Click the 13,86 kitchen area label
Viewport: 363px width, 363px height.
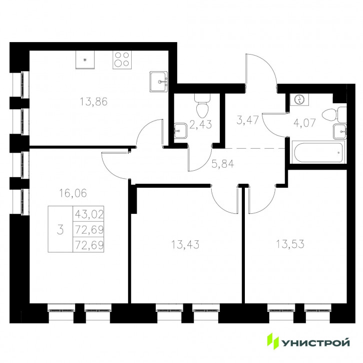94,102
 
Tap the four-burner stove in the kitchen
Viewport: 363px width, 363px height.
122,60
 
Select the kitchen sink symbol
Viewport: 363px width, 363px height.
159,82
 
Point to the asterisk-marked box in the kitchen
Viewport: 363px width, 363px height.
85,60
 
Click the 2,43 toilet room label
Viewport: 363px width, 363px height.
200,125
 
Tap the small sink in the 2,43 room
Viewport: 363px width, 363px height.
180,131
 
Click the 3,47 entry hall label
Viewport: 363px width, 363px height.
247,120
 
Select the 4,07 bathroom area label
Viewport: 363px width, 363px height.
304,123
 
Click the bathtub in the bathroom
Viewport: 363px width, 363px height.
318,152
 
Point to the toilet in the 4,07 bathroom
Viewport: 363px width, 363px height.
334,115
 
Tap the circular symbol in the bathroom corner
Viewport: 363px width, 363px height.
299,100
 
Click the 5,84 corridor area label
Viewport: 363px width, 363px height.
223,164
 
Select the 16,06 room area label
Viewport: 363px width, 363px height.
73,193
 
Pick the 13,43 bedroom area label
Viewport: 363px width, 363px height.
185,244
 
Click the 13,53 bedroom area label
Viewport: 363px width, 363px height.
290,244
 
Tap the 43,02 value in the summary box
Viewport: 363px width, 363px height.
89,214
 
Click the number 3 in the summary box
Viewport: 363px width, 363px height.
60,230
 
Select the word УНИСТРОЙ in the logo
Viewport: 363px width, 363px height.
315,342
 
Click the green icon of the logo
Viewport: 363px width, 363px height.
273,341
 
